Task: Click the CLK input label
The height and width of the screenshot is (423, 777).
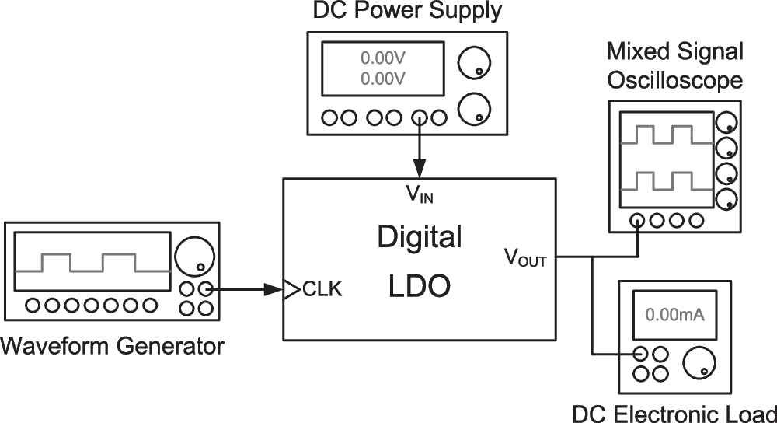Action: pos(321,290)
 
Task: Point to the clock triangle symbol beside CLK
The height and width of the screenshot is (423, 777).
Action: pos(291,290)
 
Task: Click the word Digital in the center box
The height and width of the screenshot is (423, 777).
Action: pos(419,236)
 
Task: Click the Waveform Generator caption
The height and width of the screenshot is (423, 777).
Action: pos(113,344)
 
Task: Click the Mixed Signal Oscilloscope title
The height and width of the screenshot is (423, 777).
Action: pos(674,66)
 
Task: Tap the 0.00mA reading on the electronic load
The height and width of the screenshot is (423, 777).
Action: pos(674,315)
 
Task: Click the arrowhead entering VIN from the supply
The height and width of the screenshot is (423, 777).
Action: pos(419,170)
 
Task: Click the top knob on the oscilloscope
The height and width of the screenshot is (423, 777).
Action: pos(726,122)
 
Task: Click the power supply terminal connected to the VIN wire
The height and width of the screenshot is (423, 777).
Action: pos(419,118)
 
